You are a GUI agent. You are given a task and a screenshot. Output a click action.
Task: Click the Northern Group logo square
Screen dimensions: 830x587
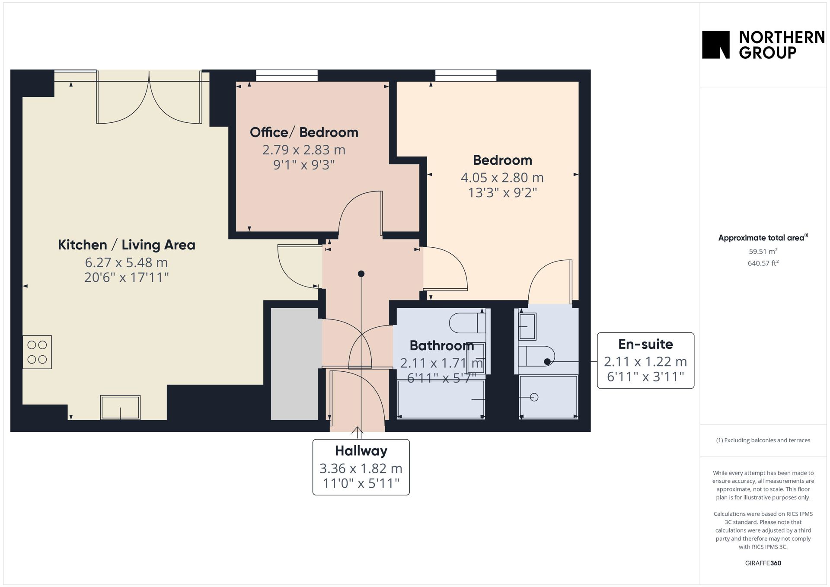715,45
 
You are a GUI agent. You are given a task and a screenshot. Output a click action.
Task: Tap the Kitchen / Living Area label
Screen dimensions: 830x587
127,245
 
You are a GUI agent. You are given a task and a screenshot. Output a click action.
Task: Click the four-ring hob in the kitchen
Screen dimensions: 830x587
37,352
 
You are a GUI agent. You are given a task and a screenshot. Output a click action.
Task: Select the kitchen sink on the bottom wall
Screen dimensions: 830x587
120,407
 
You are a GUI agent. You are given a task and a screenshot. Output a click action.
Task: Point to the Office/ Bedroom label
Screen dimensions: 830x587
304,132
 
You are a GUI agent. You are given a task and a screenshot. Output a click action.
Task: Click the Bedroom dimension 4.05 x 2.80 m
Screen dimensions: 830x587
502,177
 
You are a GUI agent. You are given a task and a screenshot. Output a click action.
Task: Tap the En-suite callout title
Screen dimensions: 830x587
645,344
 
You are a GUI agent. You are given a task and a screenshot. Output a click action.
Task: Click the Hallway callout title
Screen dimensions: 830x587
361,451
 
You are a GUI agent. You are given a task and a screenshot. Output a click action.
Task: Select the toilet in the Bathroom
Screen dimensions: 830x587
467,323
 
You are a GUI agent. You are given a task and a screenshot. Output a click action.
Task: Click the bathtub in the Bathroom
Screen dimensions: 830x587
441,399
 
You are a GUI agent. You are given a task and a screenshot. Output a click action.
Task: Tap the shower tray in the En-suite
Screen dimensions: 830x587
549,397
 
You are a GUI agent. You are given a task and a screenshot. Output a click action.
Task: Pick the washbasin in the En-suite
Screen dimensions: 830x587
527,326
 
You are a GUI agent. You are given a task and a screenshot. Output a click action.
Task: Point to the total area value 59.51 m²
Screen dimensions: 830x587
763,251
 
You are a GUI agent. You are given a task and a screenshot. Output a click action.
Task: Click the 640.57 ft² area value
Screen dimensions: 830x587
763,263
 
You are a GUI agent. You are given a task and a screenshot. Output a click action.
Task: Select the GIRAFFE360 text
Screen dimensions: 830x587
763,563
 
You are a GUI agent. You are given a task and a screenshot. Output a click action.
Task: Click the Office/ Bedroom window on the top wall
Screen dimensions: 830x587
287,76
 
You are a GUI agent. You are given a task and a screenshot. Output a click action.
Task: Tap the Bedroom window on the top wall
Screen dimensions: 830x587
466,76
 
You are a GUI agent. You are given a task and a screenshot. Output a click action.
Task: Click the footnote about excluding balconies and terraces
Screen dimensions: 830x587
763,440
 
